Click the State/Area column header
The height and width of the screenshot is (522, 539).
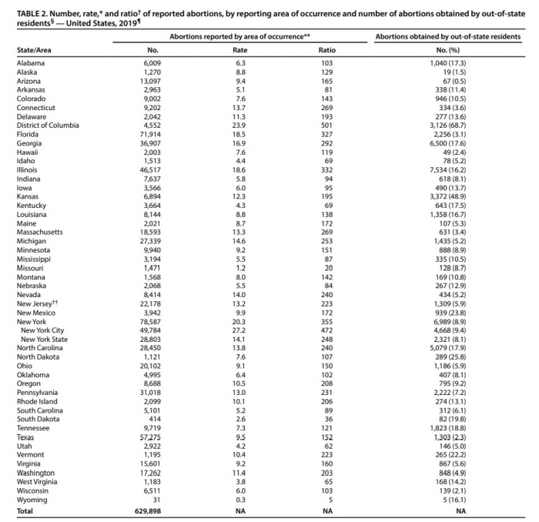pos(34,50)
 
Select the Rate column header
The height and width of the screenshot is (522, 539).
pos(240,50)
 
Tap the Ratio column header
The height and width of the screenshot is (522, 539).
pos(327,50)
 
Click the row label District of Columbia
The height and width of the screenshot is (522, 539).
pos(48,125)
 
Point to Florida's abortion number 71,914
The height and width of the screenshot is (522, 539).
pos(150,135)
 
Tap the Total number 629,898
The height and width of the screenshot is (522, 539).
pos(148,511)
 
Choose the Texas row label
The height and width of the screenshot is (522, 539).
pos(25,437)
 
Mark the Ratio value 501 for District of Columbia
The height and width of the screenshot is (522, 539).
pos(327,125)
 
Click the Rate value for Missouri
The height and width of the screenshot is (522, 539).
pos(240,268)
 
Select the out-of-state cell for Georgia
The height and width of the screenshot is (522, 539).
pos(448,143)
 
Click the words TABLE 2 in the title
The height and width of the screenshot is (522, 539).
pos(32,14)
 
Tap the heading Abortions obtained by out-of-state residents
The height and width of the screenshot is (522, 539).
pos(448,37)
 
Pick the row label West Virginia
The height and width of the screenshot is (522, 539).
pos(37,482)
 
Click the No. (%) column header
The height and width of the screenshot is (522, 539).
pos(448,50)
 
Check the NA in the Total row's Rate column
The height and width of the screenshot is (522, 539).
pos(240,511)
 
